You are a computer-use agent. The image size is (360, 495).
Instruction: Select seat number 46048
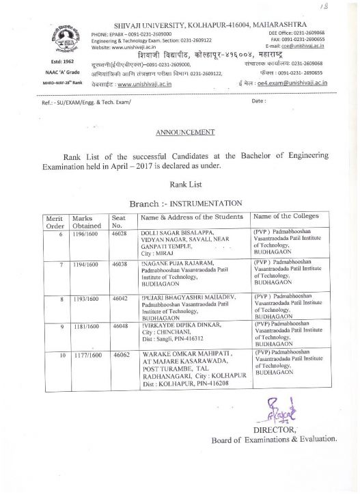(x=120, y=327)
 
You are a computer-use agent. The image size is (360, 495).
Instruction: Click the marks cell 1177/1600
(x=87, y=356)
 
